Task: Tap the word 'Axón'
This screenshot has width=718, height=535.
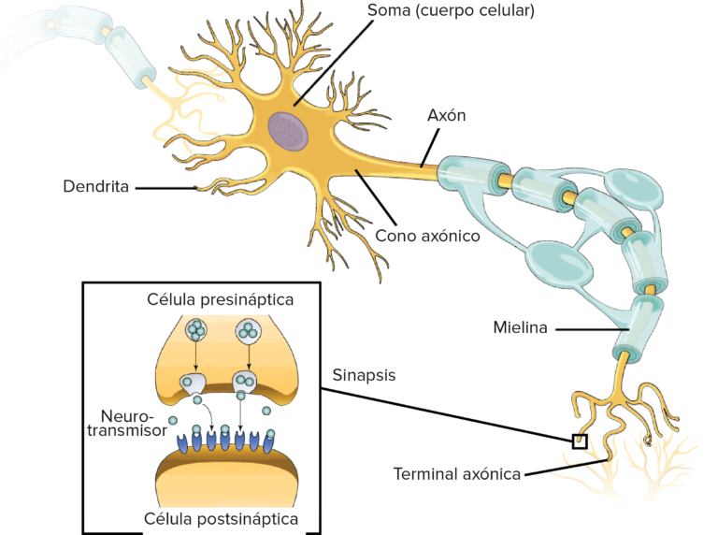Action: click(446, 115)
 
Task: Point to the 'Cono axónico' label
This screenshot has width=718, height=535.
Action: click(427, 236)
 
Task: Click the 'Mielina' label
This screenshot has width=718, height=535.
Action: click(520, 327)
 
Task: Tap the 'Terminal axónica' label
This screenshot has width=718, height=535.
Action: click(456, 474)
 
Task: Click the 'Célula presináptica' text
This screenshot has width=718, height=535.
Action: click(221, 300)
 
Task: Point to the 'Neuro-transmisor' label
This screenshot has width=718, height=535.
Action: click(131, 424)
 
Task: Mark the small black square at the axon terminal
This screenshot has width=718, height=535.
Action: click(580, 441)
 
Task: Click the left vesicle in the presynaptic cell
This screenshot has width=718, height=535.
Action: click(197, 329)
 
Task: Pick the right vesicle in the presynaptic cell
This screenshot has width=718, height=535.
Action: click(248, 329)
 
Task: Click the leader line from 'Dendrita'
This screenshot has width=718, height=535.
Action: click(165, 188)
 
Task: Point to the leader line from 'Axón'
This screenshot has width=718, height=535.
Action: click(431, 148)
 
